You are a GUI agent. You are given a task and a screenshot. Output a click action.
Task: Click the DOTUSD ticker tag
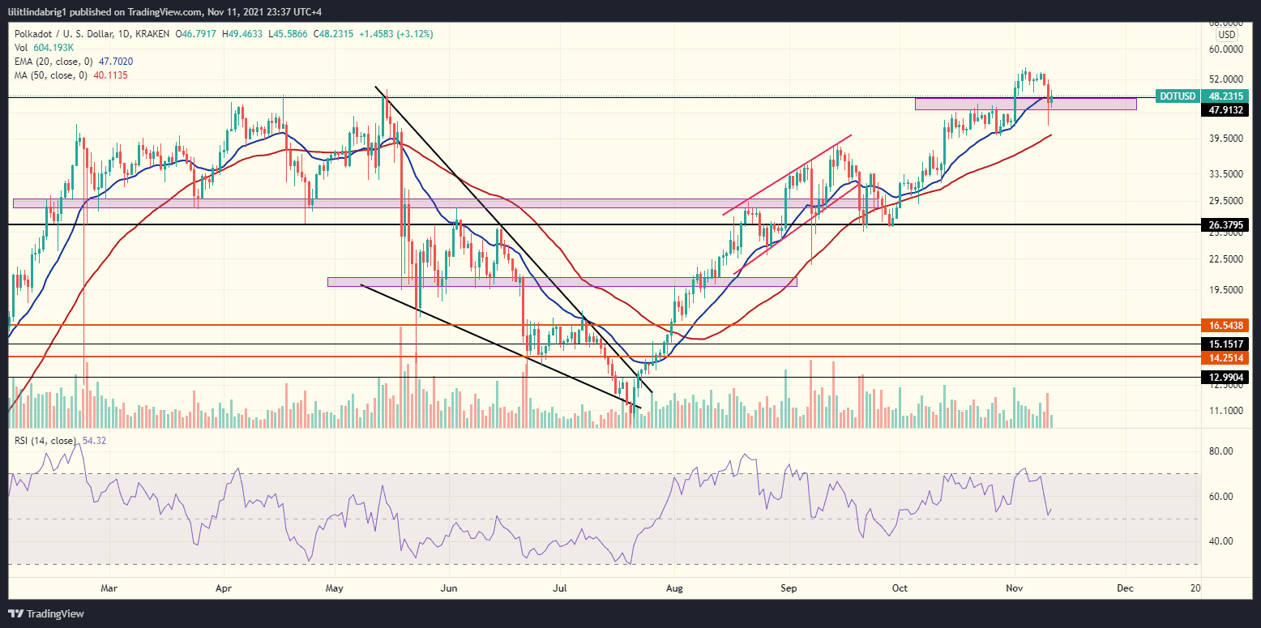1178,96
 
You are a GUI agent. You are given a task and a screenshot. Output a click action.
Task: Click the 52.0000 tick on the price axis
1225,79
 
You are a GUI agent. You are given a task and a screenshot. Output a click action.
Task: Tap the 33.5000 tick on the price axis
1225,173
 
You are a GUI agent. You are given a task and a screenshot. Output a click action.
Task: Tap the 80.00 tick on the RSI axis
1220,451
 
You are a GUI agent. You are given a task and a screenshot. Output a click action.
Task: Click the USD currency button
1227,35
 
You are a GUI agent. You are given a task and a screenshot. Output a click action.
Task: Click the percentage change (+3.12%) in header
409,34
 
